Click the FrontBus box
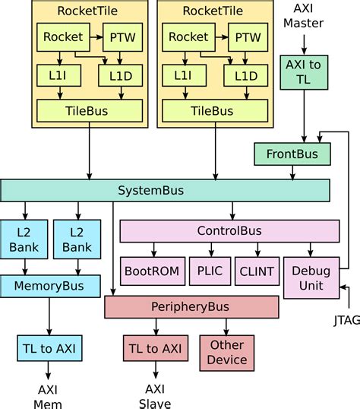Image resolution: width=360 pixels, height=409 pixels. pyautogui.click(x=292, y=154)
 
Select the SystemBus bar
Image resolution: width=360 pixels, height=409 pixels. pyautogui.click(x=165, y=190)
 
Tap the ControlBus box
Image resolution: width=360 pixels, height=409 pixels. pyautogui.click(x=229, y=231)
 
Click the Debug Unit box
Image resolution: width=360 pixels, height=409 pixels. pyautogui.click(x=311, y=277)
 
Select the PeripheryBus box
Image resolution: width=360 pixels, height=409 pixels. pyautogui.click(x=191, y=307)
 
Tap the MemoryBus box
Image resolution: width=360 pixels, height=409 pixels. pyautogui.click(x=50, y=286)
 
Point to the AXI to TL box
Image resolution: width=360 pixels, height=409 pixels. pyautogui.click(x=303, y=73)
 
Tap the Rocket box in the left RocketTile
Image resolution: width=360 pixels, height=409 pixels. pyautogui.click(x=62, y=36)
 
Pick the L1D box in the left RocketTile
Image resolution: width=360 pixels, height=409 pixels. pyautogui.click(x=120, y=75)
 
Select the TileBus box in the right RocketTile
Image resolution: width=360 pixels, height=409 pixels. pyautogui.click(x=211, y=111)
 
